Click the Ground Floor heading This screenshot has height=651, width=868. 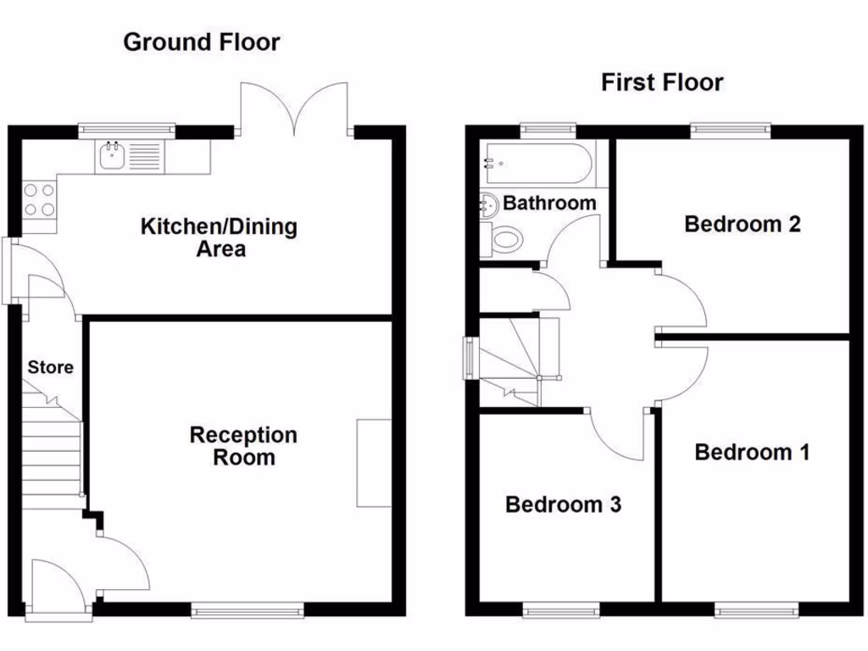pos(201,42)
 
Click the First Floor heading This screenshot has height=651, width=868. pos(662,82)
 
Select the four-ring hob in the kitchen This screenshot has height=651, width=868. pos(39,199)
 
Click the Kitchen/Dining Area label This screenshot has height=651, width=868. pos(219,237)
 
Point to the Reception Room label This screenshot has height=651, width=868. pos(243,446)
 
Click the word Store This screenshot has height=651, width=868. pos(50,367)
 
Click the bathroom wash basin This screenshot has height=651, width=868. pos(488,204)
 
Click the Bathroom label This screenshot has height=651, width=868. pos(549,203)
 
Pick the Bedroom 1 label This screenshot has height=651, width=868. pos(752,452)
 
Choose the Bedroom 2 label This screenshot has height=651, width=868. pos(743,225)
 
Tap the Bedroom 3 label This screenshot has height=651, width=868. pos(563,505)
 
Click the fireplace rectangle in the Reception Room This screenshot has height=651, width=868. pos(374,463)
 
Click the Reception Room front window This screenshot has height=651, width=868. pos(247,609)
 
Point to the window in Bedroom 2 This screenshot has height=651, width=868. pos(730,131)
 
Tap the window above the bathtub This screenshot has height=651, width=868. pos(548,131)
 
